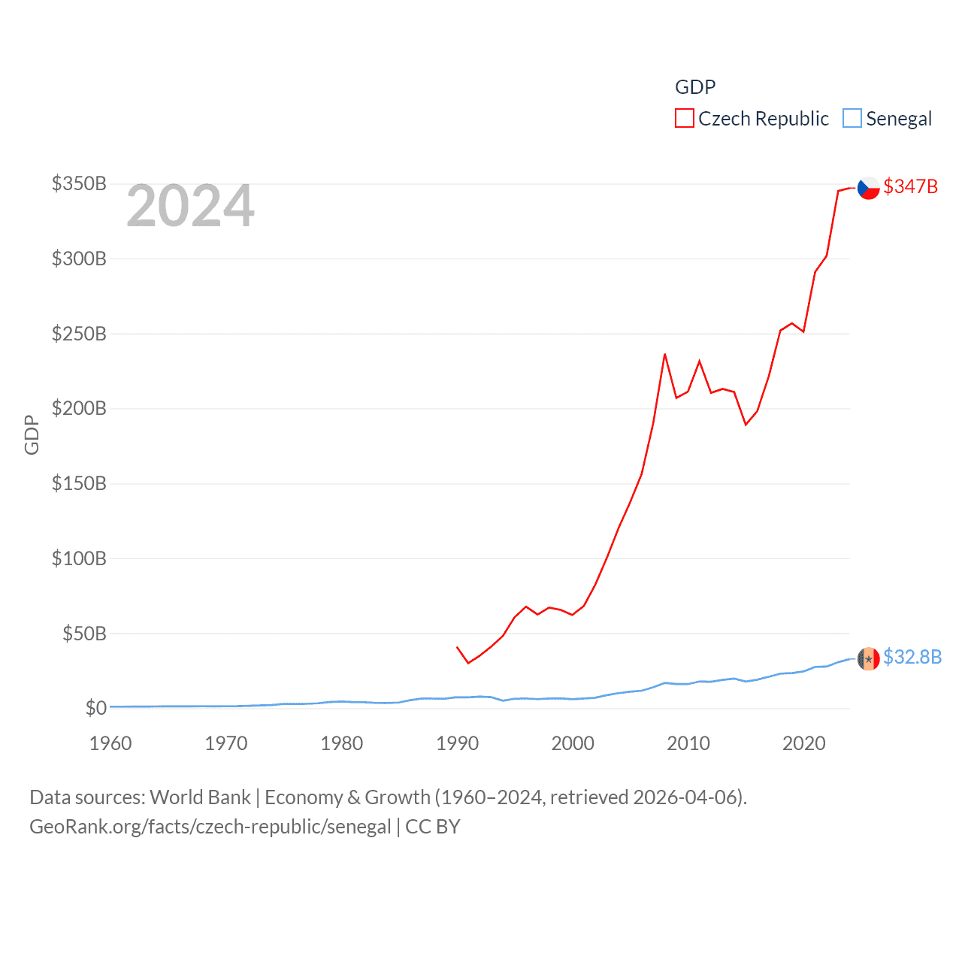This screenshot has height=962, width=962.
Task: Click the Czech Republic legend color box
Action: [684, 119]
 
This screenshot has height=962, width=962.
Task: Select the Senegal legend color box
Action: [852, 119]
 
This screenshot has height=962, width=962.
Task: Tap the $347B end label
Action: [910, 186]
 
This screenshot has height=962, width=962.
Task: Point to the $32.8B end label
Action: [912, 657]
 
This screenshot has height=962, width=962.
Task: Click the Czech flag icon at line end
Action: [869, 188]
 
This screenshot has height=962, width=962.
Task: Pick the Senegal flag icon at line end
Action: [869, 658]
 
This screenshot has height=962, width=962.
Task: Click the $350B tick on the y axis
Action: [79, 183]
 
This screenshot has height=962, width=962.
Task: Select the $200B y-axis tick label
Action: [79, 408]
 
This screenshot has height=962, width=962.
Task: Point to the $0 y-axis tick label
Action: [95, 708]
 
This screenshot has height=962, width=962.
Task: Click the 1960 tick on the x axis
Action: [110, 743]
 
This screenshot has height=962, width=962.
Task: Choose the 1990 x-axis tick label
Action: [457, 743]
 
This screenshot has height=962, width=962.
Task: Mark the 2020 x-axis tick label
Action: [804, 743]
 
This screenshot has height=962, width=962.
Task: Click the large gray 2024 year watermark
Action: [190, 206]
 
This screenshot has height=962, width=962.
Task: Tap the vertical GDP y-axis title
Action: [32, 434]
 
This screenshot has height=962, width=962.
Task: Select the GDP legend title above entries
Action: [695, 87]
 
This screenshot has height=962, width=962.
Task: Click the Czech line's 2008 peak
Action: [664, 354]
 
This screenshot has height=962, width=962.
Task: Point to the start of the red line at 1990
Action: [457, 646]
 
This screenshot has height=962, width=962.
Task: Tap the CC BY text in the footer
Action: [432, 827]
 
